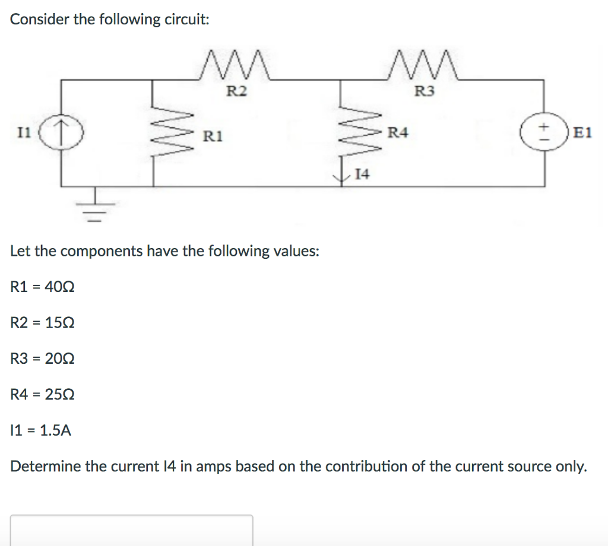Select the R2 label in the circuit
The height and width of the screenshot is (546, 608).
tap(237, 91)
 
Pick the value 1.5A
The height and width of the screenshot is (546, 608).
tap(53, 430)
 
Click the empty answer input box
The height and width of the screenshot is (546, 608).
tap(131, 531)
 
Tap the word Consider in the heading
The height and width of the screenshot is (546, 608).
tap(39, 19)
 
